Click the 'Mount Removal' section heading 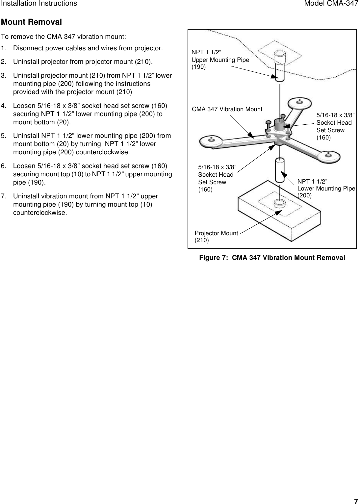tap(32, 22)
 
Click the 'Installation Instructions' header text tap(39, 4)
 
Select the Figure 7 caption tap(272, 258)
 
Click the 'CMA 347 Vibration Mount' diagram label tap(227, 109)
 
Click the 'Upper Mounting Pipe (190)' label tap(220, 60)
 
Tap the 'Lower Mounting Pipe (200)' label tap(326, 189)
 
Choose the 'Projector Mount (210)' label tap(216, 237)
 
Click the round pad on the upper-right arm tap(300, 102)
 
